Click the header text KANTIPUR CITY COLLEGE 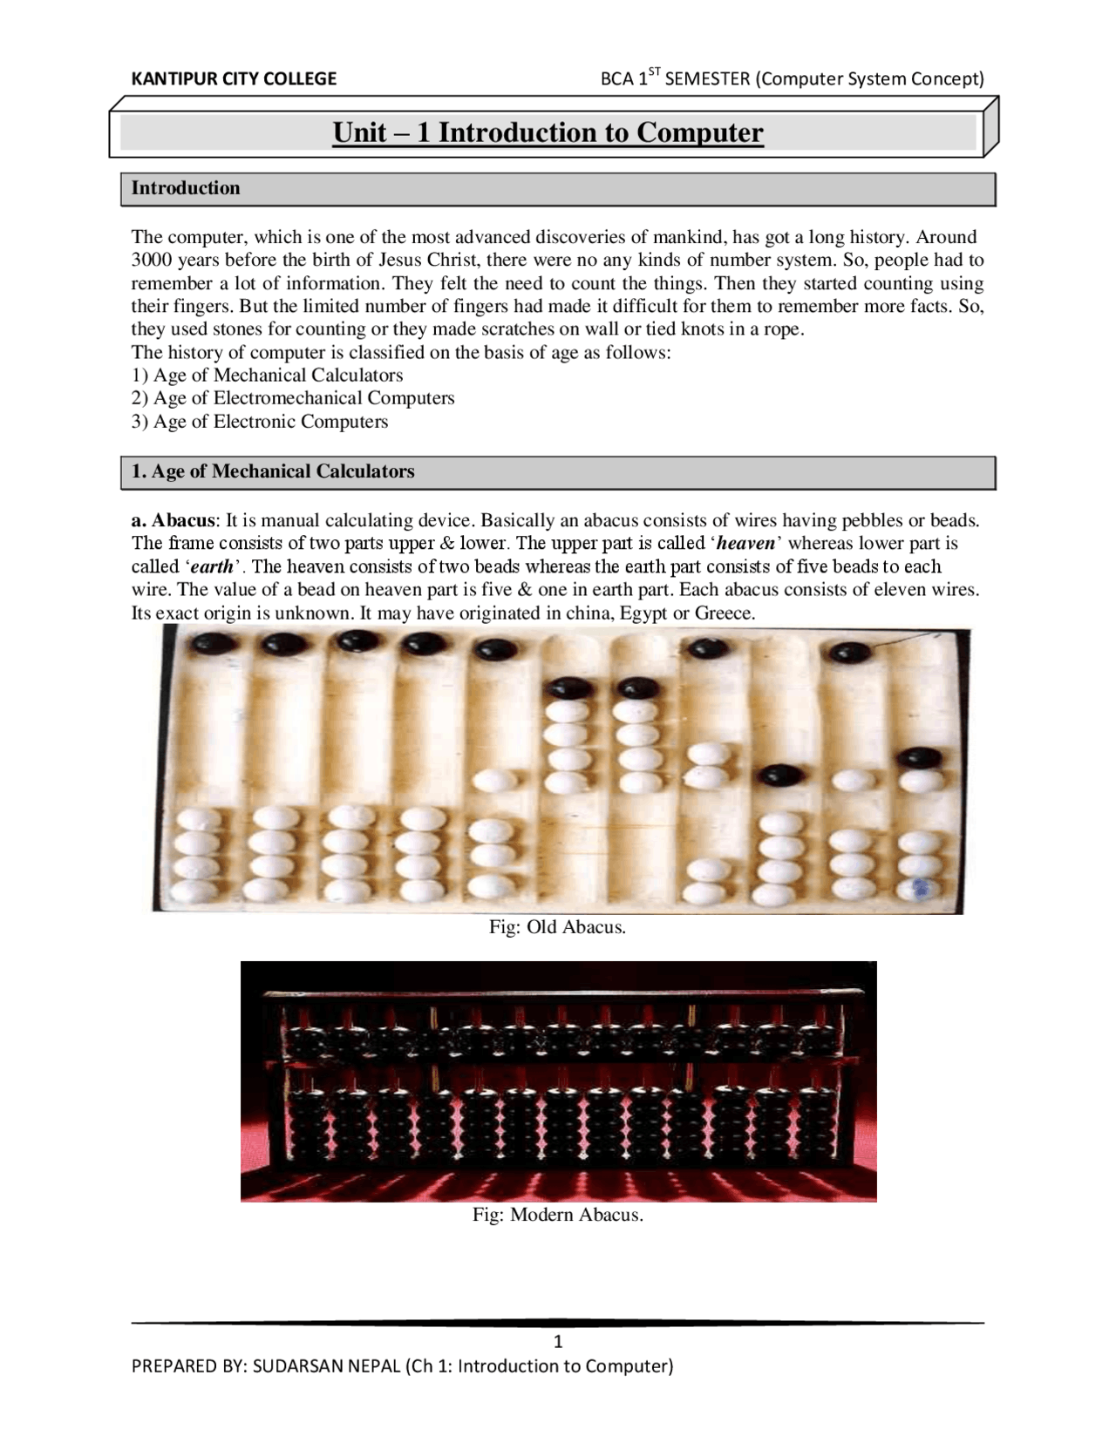233,79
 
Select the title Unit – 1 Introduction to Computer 548,133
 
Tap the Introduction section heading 185,188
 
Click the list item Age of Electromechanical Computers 303,398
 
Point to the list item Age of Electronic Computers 270,422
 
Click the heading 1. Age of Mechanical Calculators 272,471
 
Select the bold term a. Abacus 173,521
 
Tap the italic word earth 212,567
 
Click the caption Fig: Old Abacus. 557,927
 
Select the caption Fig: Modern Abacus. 557,1215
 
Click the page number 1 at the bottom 558,1341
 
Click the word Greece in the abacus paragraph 723,613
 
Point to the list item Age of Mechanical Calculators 277,376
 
